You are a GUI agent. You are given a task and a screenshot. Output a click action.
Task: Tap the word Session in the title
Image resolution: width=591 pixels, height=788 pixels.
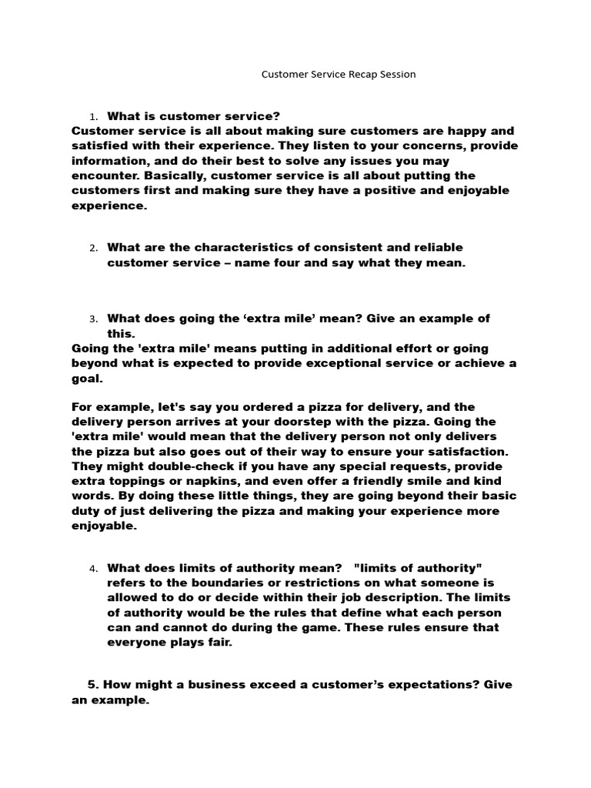394,75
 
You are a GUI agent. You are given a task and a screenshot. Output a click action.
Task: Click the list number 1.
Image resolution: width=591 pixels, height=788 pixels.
93,117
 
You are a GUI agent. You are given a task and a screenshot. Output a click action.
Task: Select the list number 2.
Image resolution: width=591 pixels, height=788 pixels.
93,248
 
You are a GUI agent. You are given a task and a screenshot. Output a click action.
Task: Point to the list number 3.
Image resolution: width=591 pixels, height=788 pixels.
93,319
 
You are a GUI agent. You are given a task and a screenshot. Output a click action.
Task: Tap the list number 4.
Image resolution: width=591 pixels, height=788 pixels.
93,569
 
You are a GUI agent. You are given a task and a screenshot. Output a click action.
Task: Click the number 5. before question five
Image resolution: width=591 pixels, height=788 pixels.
93,684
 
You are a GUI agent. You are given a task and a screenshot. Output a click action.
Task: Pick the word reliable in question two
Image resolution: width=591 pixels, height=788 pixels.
436,247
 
